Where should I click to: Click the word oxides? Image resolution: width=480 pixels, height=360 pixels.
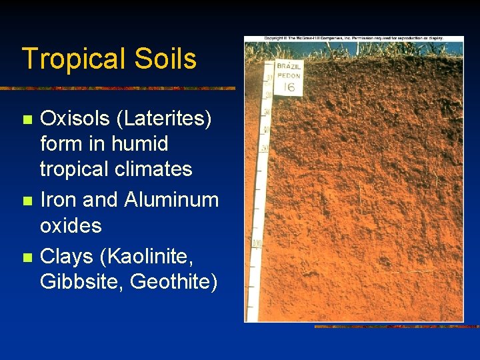click(x=71, y=225)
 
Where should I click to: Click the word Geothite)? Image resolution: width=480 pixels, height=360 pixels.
click(x=174, y=281)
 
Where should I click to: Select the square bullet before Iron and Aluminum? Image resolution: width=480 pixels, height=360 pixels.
click(x=26, y=201)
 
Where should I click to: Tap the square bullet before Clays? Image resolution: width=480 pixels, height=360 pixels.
click(x=26, y=257)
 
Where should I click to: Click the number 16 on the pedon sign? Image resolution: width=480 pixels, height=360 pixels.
click(x=289, y=87)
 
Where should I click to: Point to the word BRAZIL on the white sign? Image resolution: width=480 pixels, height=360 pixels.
click(x=289, y=67)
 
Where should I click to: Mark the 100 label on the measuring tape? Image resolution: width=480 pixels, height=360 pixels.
click(x=257, y=244)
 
